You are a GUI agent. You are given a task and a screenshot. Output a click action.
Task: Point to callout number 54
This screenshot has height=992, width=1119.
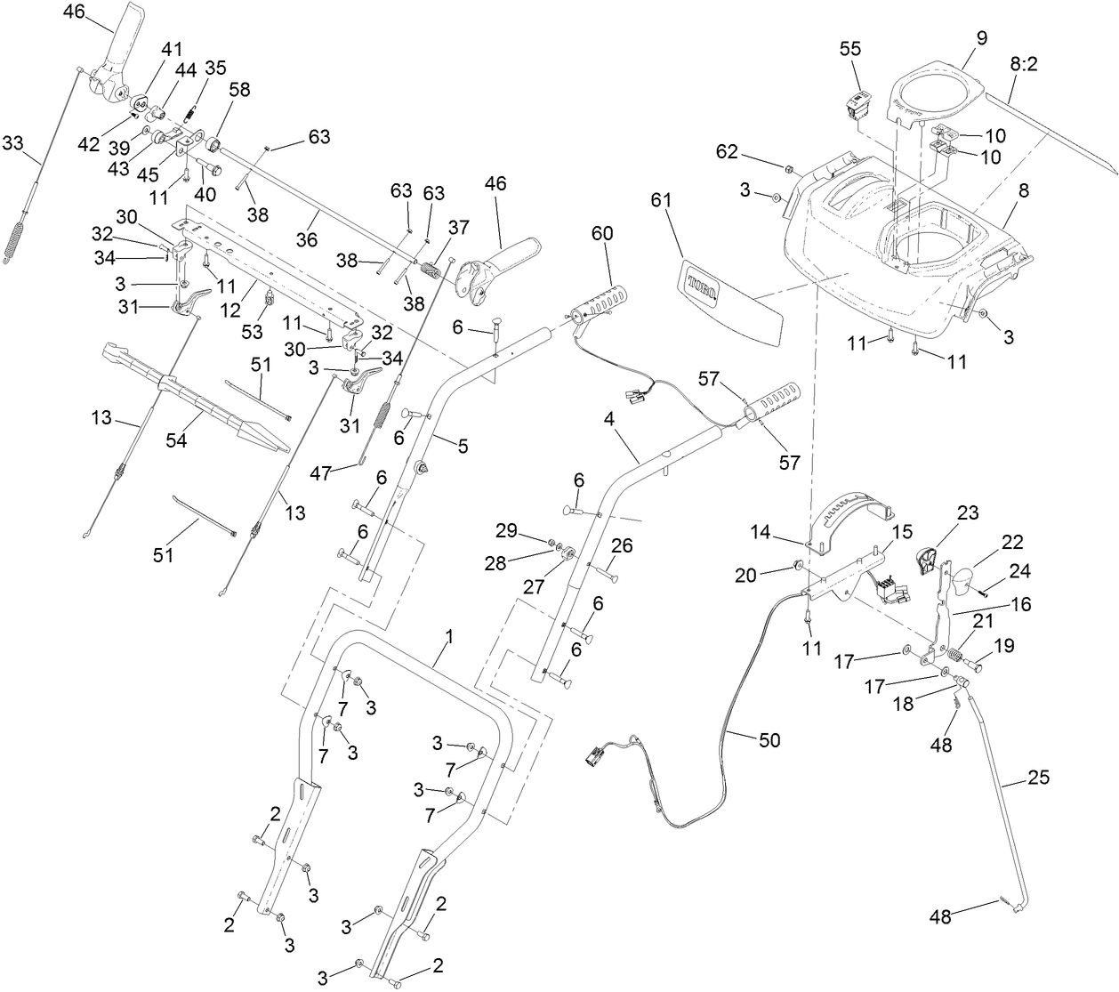pyautogui.click(x=177, y=440)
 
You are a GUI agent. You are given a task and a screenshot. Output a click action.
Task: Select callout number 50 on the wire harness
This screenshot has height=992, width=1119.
pyautogui.click(x=769, y=740)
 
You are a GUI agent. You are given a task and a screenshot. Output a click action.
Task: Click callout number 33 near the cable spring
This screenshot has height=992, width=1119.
pyautogui.click(x=14, y=142)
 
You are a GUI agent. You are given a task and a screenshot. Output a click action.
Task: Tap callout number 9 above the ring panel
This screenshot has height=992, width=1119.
pyautogui.click(x=981, y=37)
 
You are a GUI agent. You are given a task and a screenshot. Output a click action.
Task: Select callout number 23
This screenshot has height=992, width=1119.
pyautogui.click(x=967, y=512)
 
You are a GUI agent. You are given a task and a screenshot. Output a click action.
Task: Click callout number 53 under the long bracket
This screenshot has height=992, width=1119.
pyautogui.click(x=253, y=332)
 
